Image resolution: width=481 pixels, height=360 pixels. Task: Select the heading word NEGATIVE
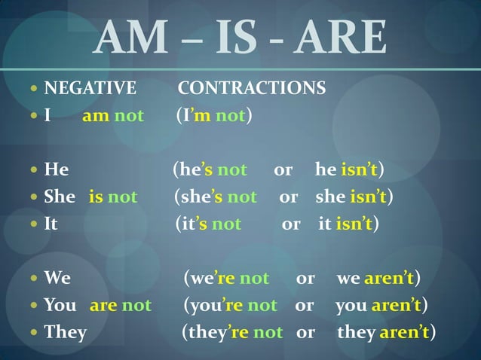(x=90, y=89)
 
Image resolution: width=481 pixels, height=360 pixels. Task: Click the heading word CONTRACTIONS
(x=252, y=89)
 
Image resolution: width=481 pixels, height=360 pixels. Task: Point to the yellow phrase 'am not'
(x=113, y=117)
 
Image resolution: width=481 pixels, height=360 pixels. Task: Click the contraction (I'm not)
(x=214, y=117)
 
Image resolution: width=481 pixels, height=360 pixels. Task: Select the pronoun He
(x=57, y=169)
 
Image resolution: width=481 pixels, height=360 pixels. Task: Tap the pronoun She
(x=60, y=197)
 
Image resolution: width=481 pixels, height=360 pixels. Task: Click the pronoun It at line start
(x=51, y=224)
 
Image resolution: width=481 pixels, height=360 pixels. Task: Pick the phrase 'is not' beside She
(x=113, y=197)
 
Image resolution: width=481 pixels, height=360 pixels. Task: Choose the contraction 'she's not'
(x=216, y=197)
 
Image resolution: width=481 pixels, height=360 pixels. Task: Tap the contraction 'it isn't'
(x=349, y=224)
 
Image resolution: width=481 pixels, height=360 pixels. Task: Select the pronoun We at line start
(x=57, y=278)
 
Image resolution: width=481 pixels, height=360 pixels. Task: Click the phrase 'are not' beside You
(x=121, y=305)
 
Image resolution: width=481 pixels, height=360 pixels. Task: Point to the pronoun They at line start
(x=66, y=332)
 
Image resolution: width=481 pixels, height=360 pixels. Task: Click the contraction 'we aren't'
(x=378, y=278)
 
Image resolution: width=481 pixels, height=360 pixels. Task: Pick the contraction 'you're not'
(x=231, y=305)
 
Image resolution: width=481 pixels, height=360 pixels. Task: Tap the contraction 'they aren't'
(x=387, y=332)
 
